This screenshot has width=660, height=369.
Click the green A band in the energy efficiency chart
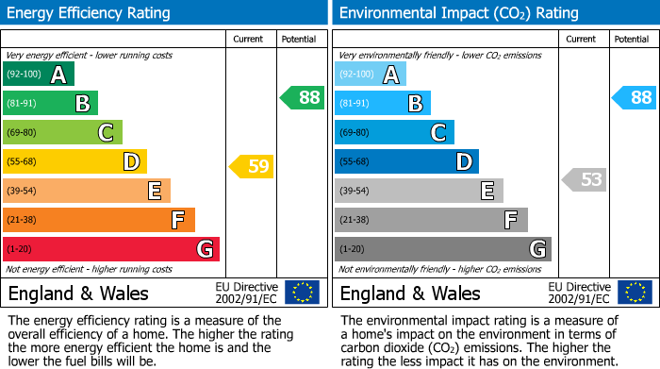(39, 75)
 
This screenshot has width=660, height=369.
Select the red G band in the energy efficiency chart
(111, 249)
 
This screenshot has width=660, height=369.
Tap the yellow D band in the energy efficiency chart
(74, 162)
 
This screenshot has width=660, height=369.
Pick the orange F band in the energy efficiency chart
(99, 220)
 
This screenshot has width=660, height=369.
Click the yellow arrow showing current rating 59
(252, 167)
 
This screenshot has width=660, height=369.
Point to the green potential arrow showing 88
(303, 97)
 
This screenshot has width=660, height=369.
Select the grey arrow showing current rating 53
(585, 179)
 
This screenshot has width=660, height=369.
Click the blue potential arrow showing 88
(634, 97)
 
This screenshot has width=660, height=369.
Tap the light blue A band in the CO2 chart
(371, 75)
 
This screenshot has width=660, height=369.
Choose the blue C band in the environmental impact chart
(394, 133)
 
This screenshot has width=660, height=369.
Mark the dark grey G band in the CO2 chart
(442, 249)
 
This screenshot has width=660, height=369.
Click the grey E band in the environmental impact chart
(419, 191)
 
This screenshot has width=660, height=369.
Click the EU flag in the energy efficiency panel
(302, 293)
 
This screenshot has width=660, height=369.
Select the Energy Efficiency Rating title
(90, 13)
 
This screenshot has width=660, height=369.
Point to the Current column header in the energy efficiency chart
(249, 39)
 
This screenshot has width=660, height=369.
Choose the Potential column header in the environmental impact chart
(632, 39)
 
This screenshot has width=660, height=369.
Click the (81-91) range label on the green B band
(24, 104)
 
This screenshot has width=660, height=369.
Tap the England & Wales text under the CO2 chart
(410, 294)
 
